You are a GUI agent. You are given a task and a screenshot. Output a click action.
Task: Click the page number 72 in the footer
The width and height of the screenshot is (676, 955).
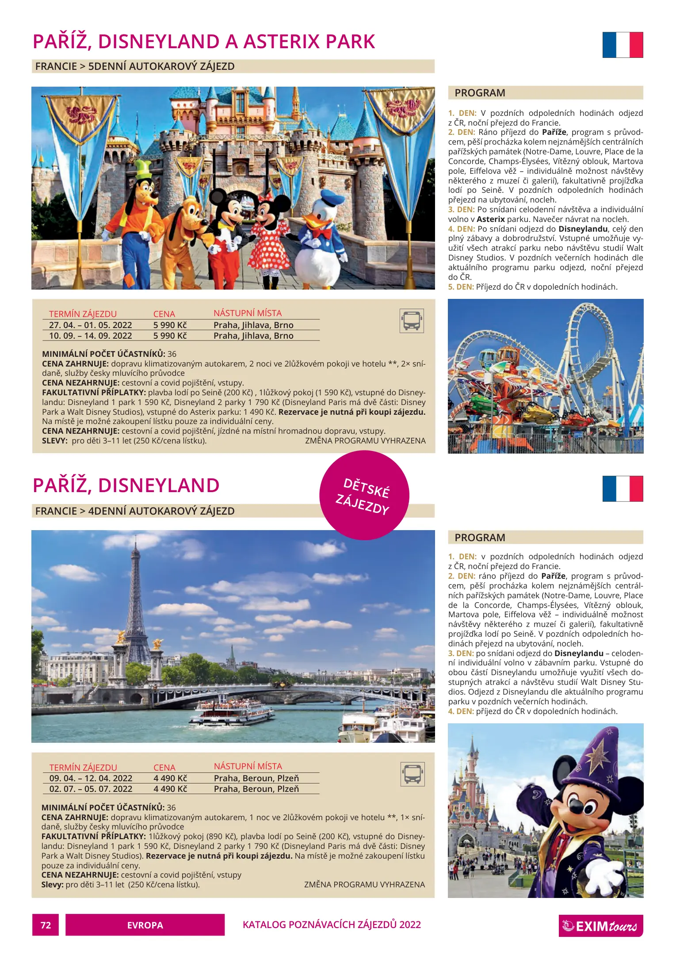46,925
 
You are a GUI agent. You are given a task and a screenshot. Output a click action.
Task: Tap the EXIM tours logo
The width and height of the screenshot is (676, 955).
600,925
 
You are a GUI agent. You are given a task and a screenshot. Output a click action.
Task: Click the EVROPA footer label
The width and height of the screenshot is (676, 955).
145,925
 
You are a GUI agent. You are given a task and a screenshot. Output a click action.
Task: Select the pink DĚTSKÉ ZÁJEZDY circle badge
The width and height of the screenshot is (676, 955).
364,495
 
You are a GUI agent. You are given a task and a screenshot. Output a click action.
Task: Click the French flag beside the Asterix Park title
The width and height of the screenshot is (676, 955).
623,45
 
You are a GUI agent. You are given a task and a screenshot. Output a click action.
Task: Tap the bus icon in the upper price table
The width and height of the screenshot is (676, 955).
412,321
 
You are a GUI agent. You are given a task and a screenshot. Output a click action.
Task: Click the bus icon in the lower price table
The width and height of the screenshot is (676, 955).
412,774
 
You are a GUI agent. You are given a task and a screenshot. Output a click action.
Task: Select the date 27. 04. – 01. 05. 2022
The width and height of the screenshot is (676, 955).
90,325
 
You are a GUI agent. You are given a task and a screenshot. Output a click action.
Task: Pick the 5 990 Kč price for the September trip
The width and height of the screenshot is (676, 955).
170,336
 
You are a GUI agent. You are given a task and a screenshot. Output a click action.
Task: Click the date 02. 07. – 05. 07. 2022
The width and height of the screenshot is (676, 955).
91,789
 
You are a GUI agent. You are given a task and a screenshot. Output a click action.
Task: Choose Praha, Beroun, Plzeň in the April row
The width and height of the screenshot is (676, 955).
256,778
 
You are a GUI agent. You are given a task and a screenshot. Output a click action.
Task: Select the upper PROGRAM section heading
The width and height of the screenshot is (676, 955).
480,93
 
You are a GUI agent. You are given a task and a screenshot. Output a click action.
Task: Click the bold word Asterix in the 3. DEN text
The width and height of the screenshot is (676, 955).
490,219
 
